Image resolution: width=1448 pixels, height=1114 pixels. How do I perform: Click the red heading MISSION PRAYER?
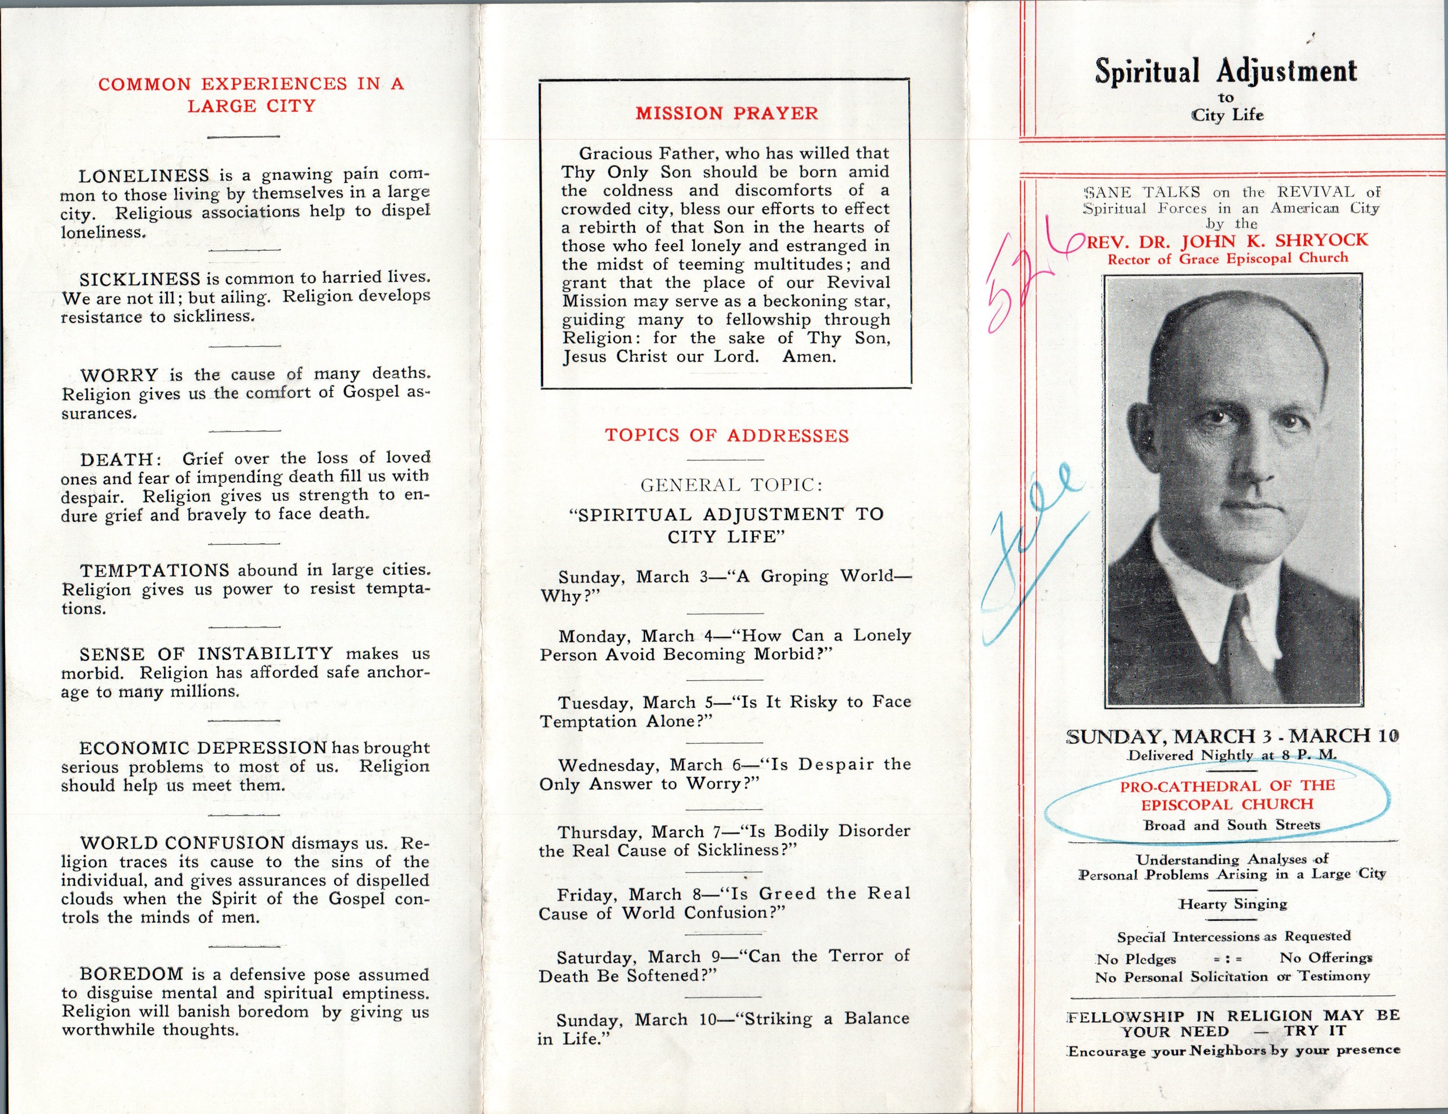click(727, 113)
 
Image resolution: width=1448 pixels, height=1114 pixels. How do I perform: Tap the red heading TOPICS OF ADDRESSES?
click(727, 436)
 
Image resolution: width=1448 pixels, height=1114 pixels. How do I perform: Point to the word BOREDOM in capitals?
click(131, 974)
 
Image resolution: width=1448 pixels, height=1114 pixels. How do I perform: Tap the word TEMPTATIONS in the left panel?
click(154, 571)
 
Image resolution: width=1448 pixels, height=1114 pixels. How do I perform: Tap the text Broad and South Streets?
click(1231, 825)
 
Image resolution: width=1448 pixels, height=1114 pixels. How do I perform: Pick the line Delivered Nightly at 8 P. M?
click(1232, 755)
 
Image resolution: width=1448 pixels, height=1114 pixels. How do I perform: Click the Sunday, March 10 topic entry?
click(724, 1028)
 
